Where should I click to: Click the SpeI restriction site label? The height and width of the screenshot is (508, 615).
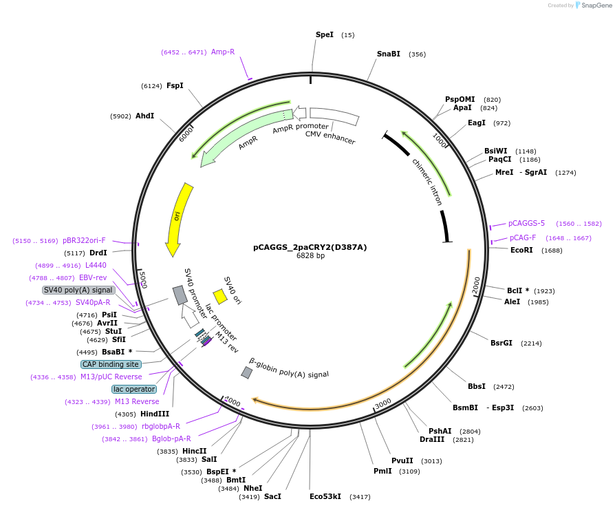pos(325,34)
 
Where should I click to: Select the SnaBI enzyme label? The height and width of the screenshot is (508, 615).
pos(388,54)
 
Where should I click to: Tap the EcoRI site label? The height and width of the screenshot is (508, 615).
pos(521,250)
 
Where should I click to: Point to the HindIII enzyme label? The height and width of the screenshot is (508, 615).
pos(155,414)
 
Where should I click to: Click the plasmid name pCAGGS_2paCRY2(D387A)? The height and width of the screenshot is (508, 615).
pos(310,247)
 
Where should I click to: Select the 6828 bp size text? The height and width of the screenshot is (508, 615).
pos(310,256)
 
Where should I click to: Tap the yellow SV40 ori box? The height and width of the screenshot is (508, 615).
pos(220,296)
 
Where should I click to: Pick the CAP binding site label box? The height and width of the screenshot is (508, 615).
pos(111,364)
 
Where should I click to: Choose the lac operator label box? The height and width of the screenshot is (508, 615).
pos(135,389)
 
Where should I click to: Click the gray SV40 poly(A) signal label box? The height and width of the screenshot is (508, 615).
pos(78,290)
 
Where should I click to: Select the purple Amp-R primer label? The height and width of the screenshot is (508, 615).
pos(223,52)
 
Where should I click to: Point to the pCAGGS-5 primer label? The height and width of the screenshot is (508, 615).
pos(526,223)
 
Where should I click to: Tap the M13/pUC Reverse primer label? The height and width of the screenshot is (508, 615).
pos(111,377)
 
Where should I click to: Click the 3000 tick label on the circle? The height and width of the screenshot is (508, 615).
pos(383,403)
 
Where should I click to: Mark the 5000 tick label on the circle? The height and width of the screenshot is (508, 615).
pos(142,279)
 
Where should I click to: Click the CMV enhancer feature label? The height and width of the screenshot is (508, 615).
pos(330,138)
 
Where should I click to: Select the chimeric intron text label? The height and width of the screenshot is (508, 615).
pos(427,182)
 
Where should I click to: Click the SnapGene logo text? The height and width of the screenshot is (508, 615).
pos(596,5)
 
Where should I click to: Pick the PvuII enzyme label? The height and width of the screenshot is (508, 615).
pos(402,461)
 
